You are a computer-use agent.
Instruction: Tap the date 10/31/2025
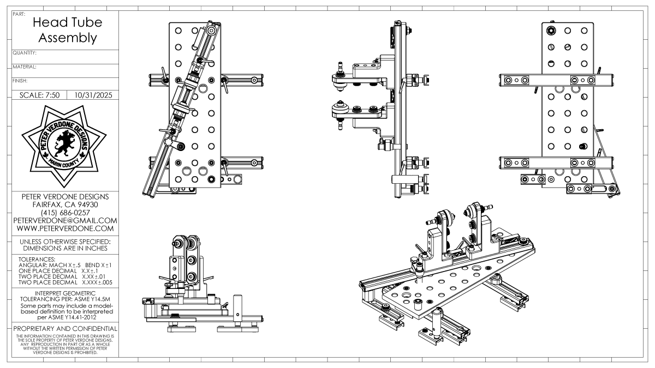[92, 94]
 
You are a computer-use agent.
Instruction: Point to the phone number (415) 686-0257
[63, 212]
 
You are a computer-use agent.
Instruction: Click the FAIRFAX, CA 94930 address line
[64, 204]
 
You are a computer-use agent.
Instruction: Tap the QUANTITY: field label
[25, 53]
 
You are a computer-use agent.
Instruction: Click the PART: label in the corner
[18, 13]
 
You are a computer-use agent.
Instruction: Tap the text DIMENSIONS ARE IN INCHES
[64, 249]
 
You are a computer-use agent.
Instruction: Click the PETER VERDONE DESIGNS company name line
[64, 196]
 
